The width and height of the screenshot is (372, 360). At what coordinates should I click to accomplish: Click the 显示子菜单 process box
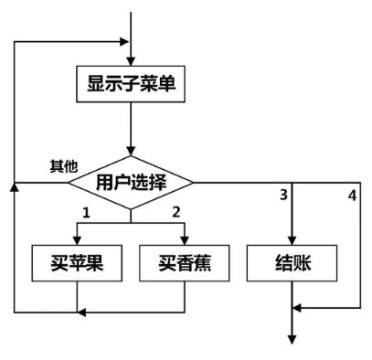coord(131,84)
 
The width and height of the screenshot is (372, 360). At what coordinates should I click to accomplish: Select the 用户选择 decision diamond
coord(131,183)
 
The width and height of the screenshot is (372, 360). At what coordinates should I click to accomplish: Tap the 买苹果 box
coord(77,263)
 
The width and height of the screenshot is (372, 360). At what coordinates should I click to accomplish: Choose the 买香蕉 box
coord(185,263)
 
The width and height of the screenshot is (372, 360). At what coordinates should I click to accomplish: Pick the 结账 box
coord(292,263)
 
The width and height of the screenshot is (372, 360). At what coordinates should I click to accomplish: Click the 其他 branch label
coord(64,166)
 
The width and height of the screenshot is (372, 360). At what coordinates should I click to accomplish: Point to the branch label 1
coord(87,213)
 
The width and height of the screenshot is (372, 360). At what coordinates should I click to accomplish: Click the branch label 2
coord(176,212)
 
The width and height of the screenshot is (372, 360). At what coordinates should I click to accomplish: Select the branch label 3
coord(283,195)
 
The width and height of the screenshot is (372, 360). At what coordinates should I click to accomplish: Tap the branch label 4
coord(352,196)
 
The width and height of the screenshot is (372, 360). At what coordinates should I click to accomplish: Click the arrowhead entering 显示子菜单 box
coord(131,61)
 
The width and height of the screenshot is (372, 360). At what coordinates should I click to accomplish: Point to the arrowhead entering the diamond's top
coord(131,151)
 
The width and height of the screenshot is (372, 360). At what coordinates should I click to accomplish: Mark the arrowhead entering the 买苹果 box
coord(77,240)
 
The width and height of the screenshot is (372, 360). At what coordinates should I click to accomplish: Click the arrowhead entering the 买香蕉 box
coord(185,240)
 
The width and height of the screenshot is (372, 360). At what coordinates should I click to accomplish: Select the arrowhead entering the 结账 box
coord(292,240)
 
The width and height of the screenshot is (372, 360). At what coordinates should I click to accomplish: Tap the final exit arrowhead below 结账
coord(292,340)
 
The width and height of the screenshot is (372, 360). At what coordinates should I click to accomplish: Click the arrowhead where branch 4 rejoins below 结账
coord(297,308)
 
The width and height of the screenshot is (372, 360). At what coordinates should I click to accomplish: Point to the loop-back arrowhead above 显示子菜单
coord(124,42)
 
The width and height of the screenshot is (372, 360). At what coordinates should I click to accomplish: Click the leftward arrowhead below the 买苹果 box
coord(81,312)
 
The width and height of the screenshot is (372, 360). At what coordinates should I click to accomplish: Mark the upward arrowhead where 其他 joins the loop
coord(15,187)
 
